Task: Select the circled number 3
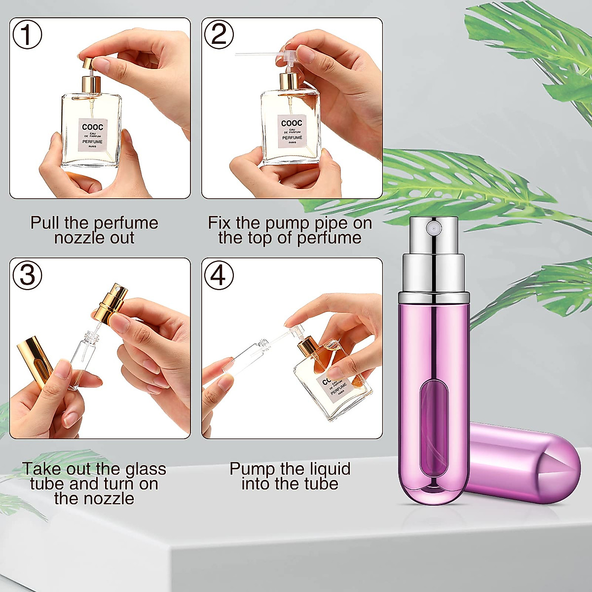pyautogui.click(x=27, y=275)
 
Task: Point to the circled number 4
pyautogui.click(x=219, y=275)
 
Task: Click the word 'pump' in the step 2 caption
pyautogui.click(x=286, y=223)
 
